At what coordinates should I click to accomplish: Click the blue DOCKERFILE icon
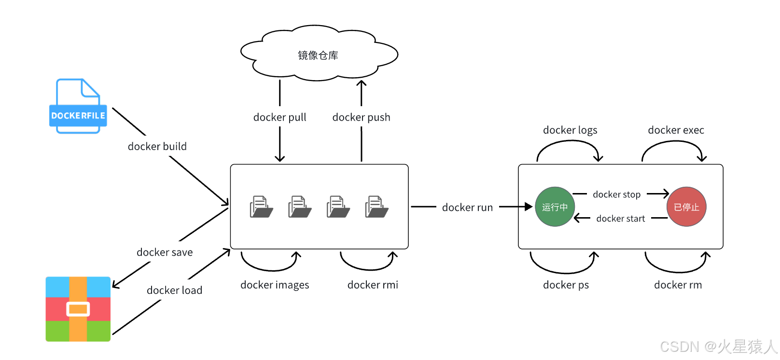tap(78, 106)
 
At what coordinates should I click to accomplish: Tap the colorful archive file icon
tap(78, 309)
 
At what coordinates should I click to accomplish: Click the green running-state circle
tap(555, 207)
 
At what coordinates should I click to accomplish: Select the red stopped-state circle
tap(686, 207)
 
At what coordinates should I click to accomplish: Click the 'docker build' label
tap(157, 146)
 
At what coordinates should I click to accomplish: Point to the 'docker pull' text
tap(279, 117)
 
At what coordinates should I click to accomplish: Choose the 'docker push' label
tap(361, 117)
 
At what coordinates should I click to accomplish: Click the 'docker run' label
tap(467, 208)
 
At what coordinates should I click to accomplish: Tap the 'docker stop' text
tap(616, 194)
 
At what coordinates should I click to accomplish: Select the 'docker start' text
tap(620, 219)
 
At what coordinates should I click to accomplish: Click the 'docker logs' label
tap(570, 130)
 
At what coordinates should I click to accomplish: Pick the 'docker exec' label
tap(676, 130)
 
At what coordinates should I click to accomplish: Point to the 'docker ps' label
tap(566, 285)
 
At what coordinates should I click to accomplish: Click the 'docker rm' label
tap(678, 285)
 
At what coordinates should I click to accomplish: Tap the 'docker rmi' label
tap(373, 285)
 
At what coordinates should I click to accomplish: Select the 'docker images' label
tap(275, 285)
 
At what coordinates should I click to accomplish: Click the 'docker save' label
tap(165, 252)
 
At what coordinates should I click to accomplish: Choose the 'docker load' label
tap(174, 291)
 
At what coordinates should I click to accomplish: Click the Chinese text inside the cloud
tap(318, 55)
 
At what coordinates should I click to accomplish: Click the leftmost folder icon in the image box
tap(261, 207)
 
